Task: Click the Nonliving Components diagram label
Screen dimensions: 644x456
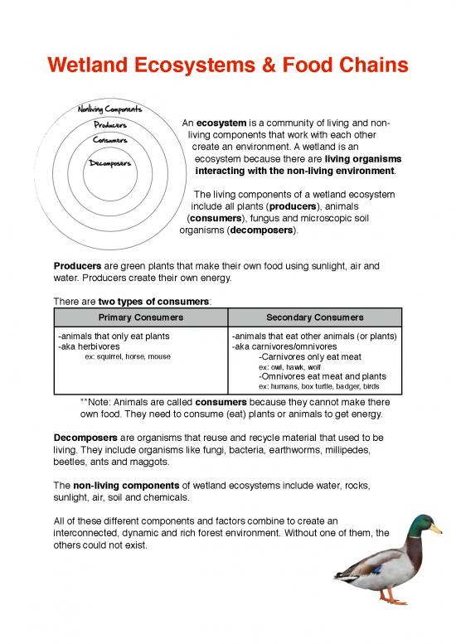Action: click(x=109, y=109)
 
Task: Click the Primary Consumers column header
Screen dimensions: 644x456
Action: click(x=140, y=317)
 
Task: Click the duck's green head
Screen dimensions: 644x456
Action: click(x=423, y=524)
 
